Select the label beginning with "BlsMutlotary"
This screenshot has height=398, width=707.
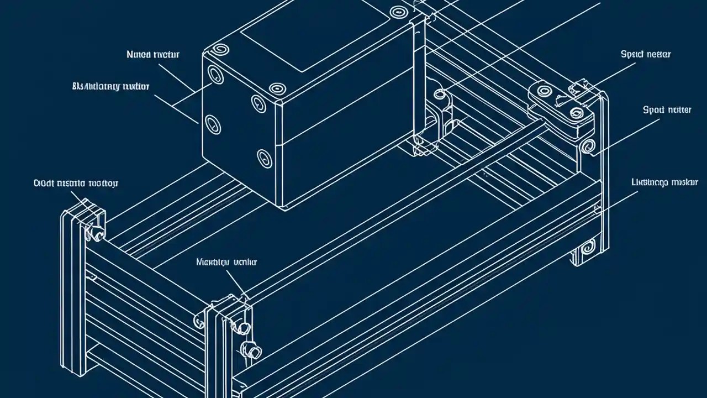[x=111, y=86]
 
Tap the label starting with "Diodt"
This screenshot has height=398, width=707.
[x=68, y=183]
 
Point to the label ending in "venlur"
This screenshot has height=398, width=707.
[x=226, y=262]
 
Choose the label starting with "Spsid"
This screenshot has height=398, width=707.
[x=646, y=54]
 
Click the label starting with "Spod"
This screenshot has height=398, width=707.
[x=667, y=110]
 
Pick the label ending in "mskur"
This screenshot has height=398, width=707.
[x=664, y=182]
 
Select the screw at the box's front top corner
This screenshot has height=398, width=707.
[x=276, y=89]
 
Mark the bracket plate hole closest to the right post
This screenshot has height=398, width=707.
[x=577, y=113]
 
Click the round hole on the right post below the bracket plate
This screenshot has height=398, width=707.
[x=589, y=146]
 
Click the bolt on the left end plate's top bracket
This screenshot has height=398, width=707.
[x=95, y=234]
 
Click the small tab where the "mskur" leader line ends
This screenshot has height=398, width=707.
[x=597, y=208]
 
